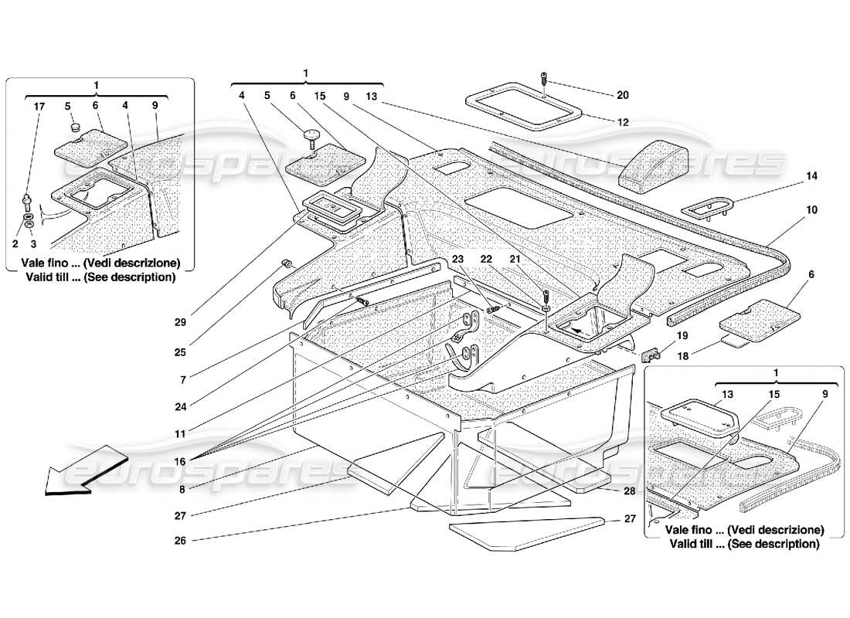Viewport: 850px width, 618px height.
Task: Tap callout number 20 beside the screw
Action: tap(623, 95)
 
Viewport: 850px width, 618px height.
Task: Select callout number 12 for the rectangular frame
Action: tap(623, 121)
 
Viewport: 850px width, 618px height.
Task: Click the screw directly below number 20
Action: tap(545, 79)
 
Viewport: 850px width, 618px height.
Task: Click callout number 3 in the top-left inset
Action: tap(32, 243)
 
